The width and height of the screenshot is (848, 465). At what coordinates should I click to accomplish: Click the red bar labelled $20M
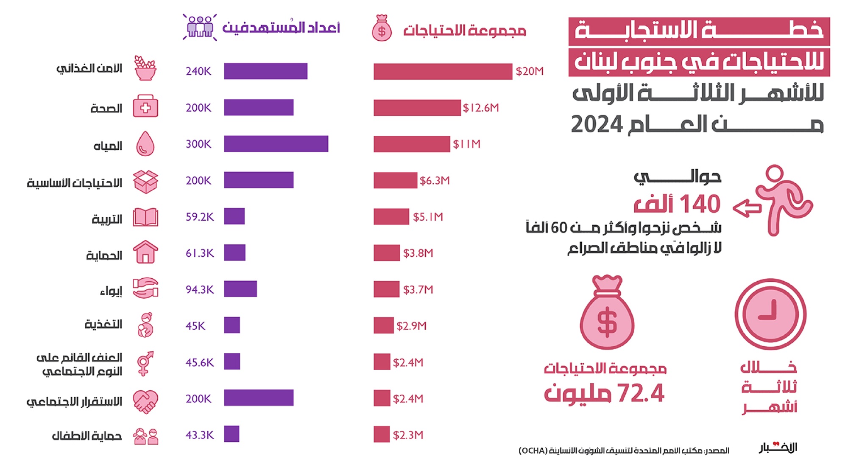443,71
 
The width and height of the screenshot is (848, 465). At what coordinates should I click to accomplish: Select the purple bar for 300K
276,144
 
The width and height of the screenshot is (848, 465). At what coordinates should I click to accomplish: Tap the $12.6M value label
481,108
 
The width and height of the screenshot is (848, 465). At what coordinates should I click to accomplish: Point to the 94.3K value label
200,289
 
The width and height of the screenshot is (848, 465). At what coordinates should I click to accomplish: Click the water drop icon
145,144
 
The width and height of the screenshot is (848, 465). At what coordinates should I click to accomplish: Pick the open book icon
145,217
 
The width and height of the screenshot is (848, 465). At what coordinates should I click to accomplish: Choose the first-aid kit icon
145,106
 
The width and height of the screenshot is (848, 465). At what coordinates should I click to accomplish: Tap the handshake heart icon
145,401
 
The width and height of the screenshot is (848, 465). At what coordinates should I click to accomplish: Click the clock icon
770,314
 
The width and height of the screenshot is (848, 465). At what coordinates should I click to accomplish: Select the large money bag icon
607,313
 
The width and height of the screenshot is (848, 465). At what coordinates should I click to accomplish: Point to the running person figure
780,199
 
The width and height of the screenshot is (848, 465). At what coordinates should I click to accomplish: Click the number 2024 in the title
597,125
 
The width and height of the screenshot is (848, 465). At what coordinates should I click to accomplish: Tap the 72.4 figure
641,393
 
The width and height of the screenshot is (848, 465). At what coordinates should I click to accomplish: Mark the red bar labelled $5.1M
391,216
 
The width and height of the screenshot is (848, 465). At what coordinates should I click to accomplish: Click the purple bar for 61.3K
234,253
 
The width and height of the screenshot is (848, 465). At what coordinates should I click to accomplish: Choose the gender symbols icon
145,363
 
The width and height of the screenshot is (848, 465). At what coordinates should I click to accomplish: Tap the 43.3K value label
200,435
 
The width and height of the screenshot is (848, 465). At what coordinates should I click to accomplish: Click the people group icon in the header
200,27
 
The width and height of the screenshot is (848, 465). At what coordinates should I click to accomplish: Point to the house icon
145,252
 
